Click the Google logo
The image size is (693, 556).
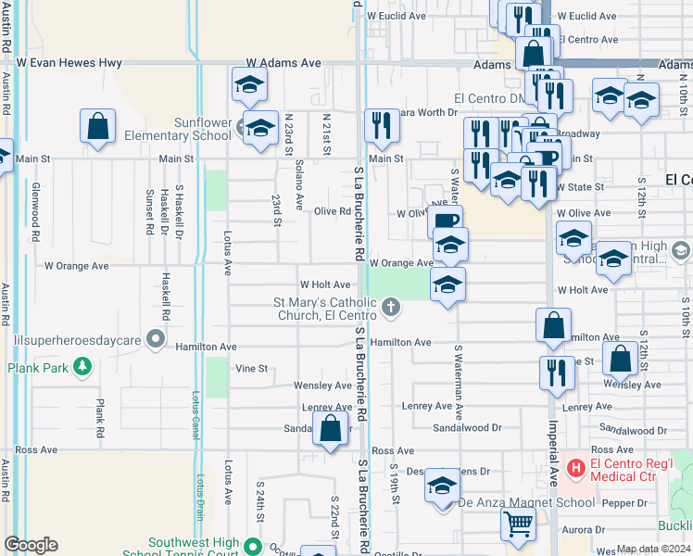coord(31,545)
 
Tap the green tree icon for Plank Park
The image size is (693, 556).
coord(82,367)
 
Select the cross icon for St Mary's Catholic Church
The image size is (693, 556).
coord(391,307)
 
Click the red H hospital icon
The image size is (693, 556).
coord(575,468)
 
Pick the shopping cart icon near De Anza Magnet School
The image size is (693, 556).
coord(518,524)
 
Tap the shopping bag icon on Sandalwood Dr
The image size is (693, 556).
coord(330,429)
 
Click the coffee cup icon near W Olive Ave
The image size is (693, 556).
coord(445,221)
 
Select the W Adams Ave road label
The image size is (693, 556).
coord(283,63)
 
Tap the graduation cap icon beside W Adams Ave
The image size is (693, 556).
coord(248,85)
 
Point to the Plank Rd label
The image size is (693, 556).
coord(100,419)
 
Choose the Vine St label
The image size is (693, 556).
coord(250,368)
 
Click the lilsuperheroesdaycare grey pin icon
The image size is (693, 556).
coord(157,339)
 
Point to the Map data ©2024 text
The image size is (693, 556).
coord(653,549)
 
